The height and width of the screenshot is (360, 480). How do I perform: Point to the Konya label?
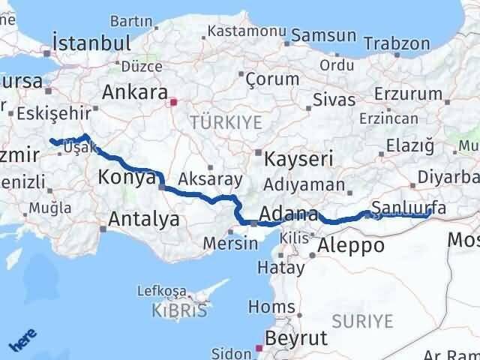(x=126, y=178)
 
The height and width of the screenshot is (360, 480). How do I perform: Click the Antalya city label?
(x=144, y=219)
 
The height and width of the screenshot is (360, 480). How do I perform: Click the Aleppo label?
(x=351, y=245)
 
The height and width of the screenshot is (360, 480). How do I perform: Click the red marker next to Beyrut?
(x=259, y=348)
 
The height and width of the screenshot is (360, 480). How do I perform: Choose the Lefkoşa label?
(x=161, y=290)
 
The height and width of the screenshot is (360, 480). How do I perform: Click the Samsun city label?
(x=323, y=35)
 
